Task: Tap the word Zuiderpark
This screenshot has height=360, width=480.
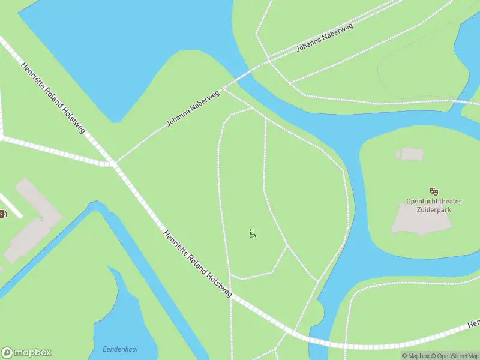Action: coord(436,209)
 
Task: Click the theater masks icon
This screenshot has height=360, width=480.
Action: coord(434,191)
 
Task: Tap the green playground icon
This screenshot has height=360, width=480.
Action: coord(253,233)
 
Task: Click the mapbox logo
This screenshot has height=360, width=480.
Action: coord(26,353)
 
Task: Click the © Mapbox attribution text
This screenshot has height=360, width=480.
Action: coord(413,356)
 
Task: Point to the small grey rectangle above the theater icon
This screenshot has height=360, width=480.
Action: coord(412,155)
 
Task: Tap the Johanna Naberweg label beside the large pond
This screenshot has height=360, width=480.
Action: coord(193,108)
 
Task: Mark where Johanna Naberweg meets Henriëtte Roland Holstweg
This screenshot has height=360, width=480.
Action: coord(113,163)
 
